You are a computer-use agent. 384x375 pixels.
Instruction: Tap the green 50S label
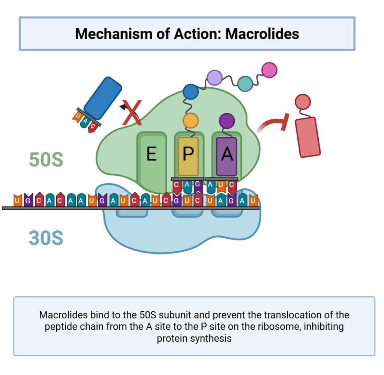click(46, 160)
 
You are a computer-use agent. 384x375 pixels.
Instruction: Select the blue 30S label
click(46, 238)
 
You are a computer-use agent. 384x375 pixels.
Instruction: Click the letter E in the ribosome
click(151, 154)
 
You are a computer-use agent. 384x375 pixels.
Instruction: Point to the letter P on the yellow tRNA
click(188, 154)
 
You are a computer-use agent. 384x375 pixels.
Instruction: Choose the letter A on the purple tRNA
click(227, 154)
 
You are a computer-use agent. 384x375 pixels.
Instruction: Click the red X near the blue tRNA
click(132, 112)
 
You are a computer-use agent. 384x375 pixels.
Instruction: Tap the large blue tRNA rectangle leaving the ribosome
click(103, 98)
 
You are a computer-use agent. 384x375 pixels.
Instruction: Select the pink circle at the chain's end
click(269, 70)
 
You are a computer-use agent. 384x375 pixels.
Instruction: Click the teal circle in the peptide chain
click(245, 84)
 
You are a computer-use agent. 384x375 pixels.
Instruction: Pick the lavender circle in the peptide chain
click(214, 78)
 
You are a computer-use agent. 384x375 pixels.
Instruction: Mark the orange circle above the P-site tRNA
click(190, 121)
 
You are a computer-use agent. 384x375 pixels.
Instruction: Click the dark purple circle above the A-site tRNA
click(227, 121)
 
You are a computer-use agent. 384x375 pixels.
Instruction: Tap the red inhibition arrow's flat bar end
click(285, 122)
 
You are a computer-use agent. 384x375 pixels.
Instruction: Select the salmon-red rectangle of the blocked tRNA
click(307, 137)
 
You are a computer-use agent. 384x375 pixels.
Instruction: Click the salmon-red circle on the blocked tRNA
click(303, 102)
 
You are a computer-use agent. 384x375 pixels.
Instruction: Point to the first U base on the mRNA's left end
click(18, 200)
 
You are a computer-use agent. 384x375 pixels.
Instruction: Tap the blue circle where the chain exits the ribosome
click(190, 92)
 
